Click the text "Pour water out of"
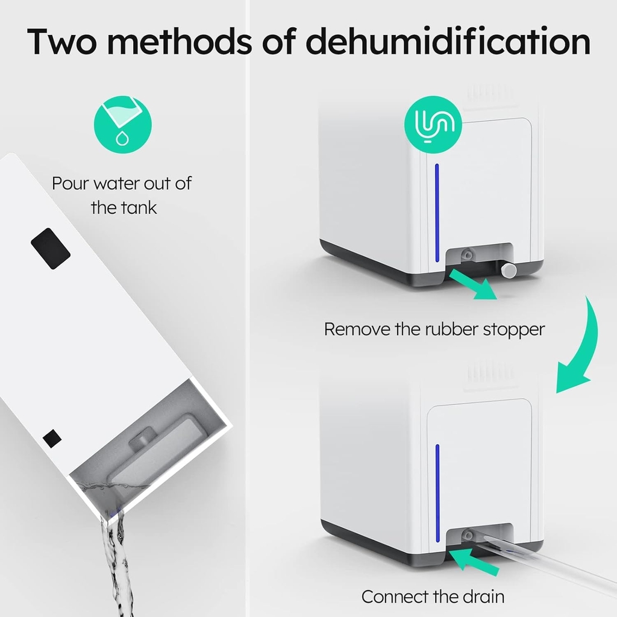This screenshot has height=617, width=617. pyautogui.click(x=122, y=183)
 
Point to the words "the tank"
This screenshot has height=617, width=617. pyautogui.click(x=124, y=208)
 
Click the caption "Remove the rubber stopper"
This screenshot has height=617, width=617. pyautogui.click(x=434, y=330)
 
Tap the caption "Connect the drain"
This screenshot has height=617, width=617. pyautogui.click(x=433, y=597)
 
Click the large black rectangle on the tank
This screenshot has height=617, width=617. pyautogui.click(x=51, y=248)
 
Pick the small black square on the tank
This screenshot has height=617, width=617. pyautogui.click(x=52, y=437)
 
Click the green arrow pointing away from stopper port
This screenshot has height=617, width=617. pyautogui.click(x=475, y=284)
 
